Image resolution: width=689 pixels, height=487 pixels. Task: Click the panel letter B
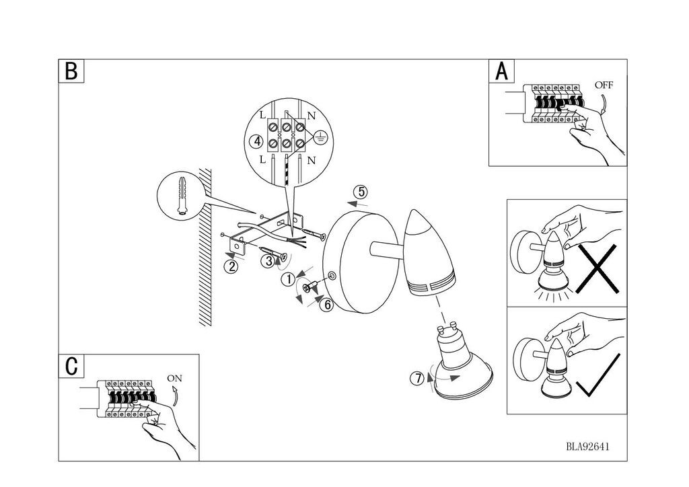pyautogui.click(x=71, y=71)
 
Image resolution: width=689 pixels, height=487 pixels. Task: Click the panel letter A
pyautogui.click(x=502, y=71)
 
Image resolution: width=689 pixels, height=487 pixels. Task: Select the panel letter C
pyautogui.click(x=71, y=366)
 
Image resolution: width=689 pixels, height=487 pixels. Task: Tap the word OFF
pyautogui.click(x=604, y=85)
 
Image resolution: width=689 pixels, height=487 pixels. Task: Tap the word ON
pyautogui.click(x=174, y=378)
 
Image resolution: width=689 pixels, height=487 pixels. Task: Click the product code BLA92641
pyautogui.click(x=587, y=447)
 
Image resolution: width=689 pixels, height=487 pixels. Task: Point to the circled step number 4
pyautogui.click(x=256, y=141)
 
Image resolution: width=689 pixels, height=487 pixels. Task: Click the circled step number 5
pyautogui.click(x=361, y=192)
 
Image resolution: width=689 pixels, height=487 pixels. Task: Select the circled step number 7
pyautogui.click(x=417, y=378)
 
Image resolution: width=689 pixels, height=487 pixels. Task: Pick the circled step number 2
pyautogui.click(x=231, y=266)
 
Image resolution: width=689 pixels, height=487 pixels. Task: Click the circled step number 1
pyautogui.click(x=289, y=279)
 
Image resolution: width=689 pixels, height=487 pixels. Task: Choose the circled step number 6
pyautogui.click(x=326, y=304)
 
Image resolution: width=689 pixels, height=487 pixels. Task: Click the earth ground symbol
pyautogui.click(x=321, y=137)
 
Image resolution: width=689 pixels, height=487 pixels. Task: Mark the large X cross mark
pyautogui.click(x=598, y=269)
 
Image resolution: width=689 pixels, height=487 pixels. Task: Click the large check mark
pyautogui.click(x=598, y=375)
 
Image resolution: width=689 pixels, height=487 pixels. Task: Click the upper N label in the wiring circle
pyautogui.click(x=311, y=116)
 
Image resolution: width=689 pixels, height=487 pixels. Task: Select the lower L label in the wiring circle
pyautogui.click(x=262, y=159)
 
